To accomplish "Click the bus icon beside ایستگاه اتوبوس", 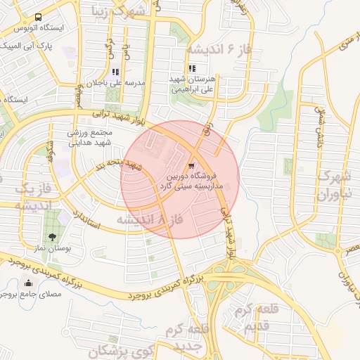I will tap(37, 17).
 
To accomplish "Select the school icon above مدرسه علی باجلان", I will tap(115, 72).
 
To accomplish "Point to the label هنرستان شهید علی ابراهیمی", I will tap(191, 86).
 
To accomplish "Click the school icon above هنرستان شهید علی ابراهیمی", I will tap(191, 69).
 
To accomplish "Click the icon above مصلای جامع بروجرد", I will tap(28, 283).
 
